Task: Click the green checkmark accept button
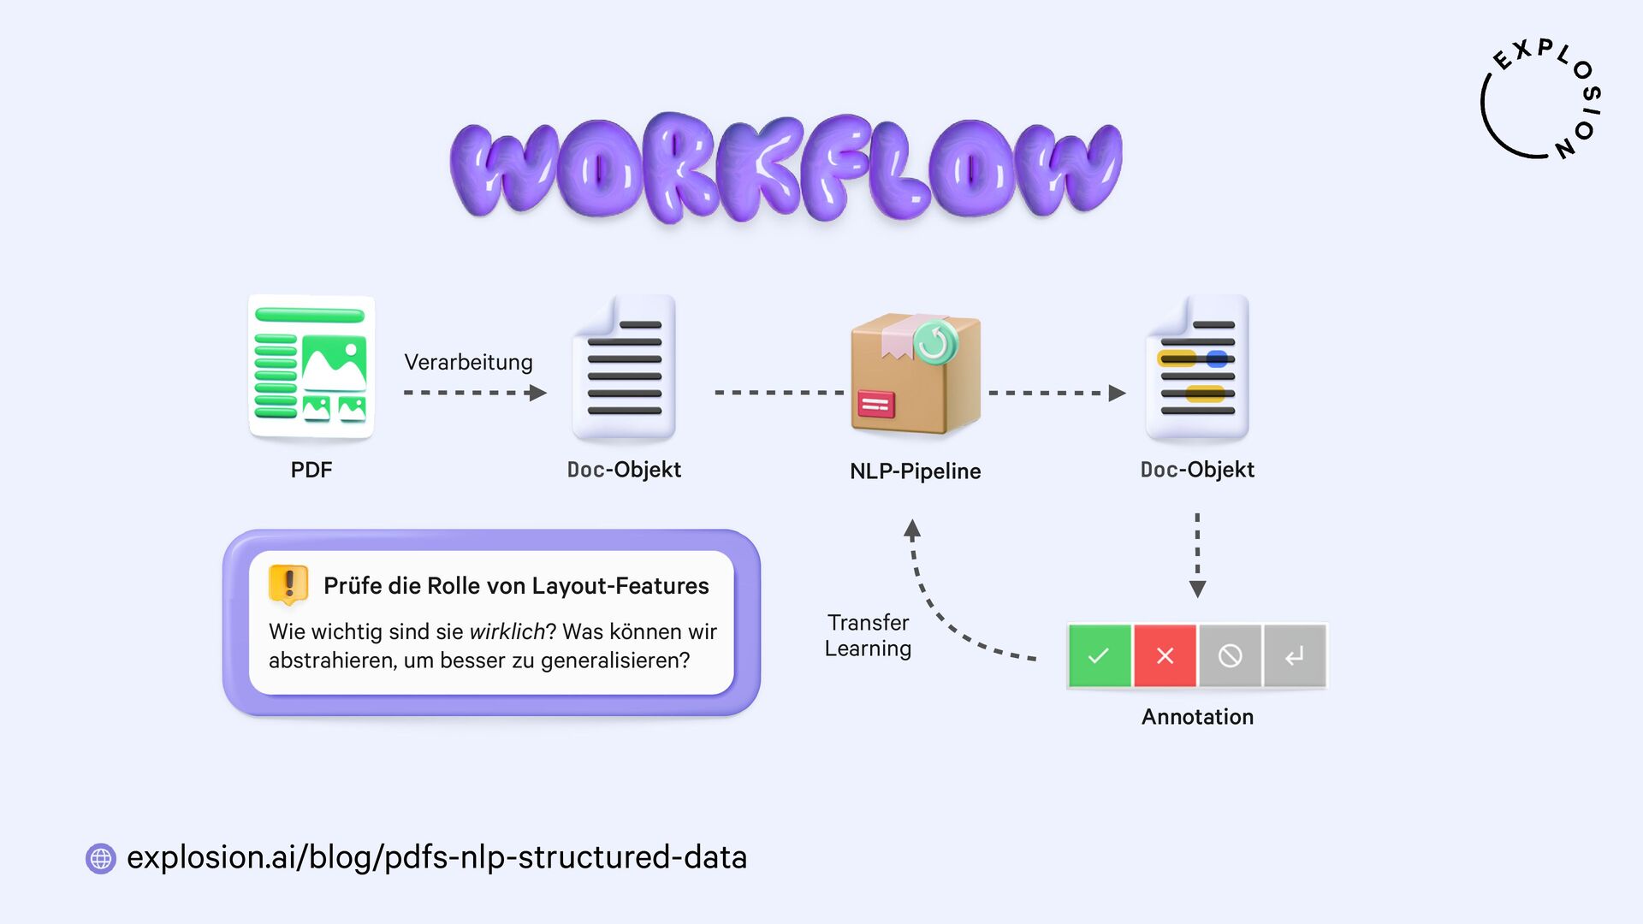tap(1099, 656)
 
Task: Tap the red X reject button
tap(1165, 656)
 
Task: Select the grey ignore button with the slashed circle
tap(1230, 656)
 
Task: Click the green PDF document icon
tap(311, 367)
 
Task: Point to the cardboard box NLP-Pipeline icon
tap(914, 374)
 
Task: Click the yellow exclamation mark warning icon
tap(288, 584)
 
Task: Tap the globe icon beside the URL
tap(101, 858)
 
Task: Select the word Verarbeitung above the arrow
tap(468, 362)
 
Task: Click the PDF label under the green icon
tap(311, 470)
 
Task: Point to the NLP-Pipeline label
tap(915, 471)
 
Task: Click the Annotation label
tap(1197, 717)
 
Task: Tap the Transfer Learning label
tap(868, 636)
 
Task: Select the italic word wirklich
tap(507, 632)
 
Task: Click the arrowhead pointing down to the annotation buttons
tap(1197, 589)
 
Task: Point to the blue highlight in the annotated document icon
tap(1217, 359)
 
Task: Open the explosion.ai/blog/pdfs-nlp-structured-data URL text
tap(436, 857)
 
